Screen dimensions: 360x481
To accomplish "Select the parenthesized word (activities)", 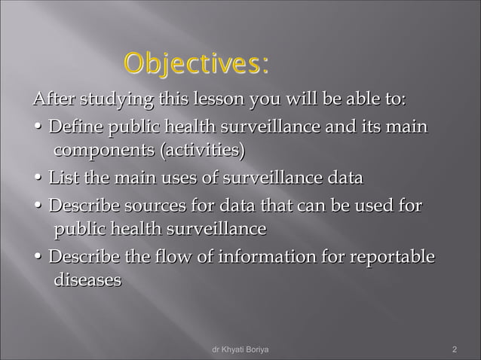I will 201,151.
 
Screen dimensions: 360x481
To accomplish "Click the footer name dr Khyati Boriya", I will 240,350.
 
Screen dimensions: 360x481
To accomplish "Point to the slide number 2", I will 455,350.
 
